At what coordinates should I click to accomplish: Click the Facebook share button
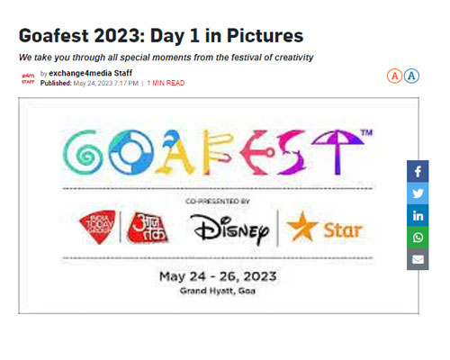(418, 172)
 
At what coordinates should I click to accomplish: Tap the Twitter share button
(418, 193)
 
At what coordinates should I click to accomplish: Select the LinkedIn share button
(418, 215)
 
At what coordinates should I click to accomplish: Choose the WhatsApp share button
(418, 238)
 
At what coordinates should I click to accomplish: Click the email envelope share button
(418, 259)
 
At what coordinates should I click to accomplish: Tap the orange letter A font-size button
(394, 76)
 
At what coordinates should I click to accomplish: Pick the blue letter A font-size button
(411, 76)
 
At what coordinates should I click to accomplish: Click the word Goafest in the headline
(55, 36)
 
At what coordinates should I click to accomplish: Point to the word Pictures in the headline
(265, 36)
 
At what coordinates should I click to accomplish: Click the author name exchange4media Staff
(91, 73)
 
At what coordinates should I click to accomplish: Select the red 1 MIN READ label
(166, 83)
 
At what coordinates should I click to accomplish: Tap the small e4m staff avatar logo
(28, 78)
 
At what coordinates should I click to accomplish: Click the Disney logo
(229, 229)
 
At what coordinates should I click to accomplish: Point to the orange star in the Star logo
(301, 227)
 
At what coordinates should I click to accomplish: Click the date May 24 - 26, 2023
(218, 276)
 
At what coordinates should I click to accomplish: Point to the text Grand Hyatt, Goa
(218, 291)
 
